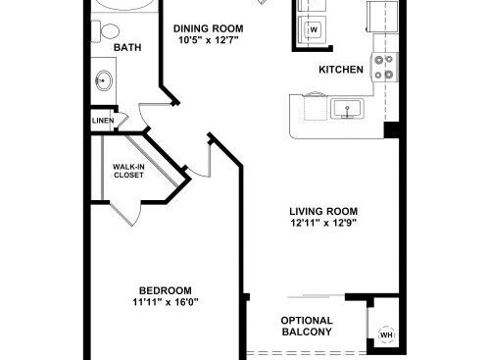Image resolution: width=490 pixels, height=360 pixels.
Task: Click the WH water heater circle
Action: point(387,334)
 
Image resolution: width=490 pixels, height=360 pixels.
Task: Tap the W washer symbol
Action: point(313,29)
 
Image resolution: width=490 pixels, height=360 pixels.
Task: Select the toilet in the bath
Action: point(105,31)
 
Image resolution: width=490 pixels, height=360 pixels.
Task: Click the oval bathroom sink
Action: point(104,80)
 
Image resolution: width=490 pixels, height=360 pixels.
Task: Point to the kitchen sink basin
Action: point(347,109)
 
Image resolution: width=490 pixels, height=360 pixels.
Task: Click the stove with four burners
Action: point(384,68)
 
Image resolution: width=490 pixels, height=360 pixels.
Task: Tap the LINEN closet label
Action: point(103,121)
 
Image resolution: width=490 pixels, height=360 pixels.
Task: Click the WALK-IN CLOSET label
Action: point(128,171)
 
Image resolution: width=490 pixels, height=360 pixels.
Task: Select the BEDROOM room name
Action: point(166,290)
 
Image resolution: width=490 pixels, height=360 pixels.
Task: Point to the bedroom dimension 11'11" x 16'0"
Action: point(166,302)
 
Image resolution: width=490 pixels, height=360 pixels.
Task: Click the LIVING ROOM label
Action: point(323,211)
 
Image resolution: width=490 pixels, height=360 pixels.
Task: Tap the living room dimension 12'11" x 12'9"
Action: point(323,223)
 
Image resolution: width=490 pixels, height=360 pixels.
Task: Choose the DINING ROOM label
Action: point(209,28)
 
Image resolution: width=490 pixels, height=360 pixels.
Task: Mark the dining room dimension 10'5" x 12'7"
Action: point(209,40)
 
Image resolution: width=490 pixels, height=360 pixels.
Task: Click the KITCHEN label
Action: point(341,70)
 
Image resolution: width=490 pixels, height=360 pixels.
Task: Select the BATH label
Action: point(127,47)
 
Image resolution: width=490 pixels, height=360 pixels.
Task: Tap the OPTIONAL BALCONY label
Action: point(307,326)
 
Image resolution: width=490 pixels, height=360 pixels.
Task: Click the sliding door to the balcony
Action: point(316,296)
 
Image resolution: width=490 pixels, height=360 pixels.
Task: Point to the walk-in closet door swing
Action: point(126,214)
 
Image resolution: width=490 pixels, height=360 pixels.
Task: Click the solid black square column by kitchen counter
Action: point(391,129)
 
